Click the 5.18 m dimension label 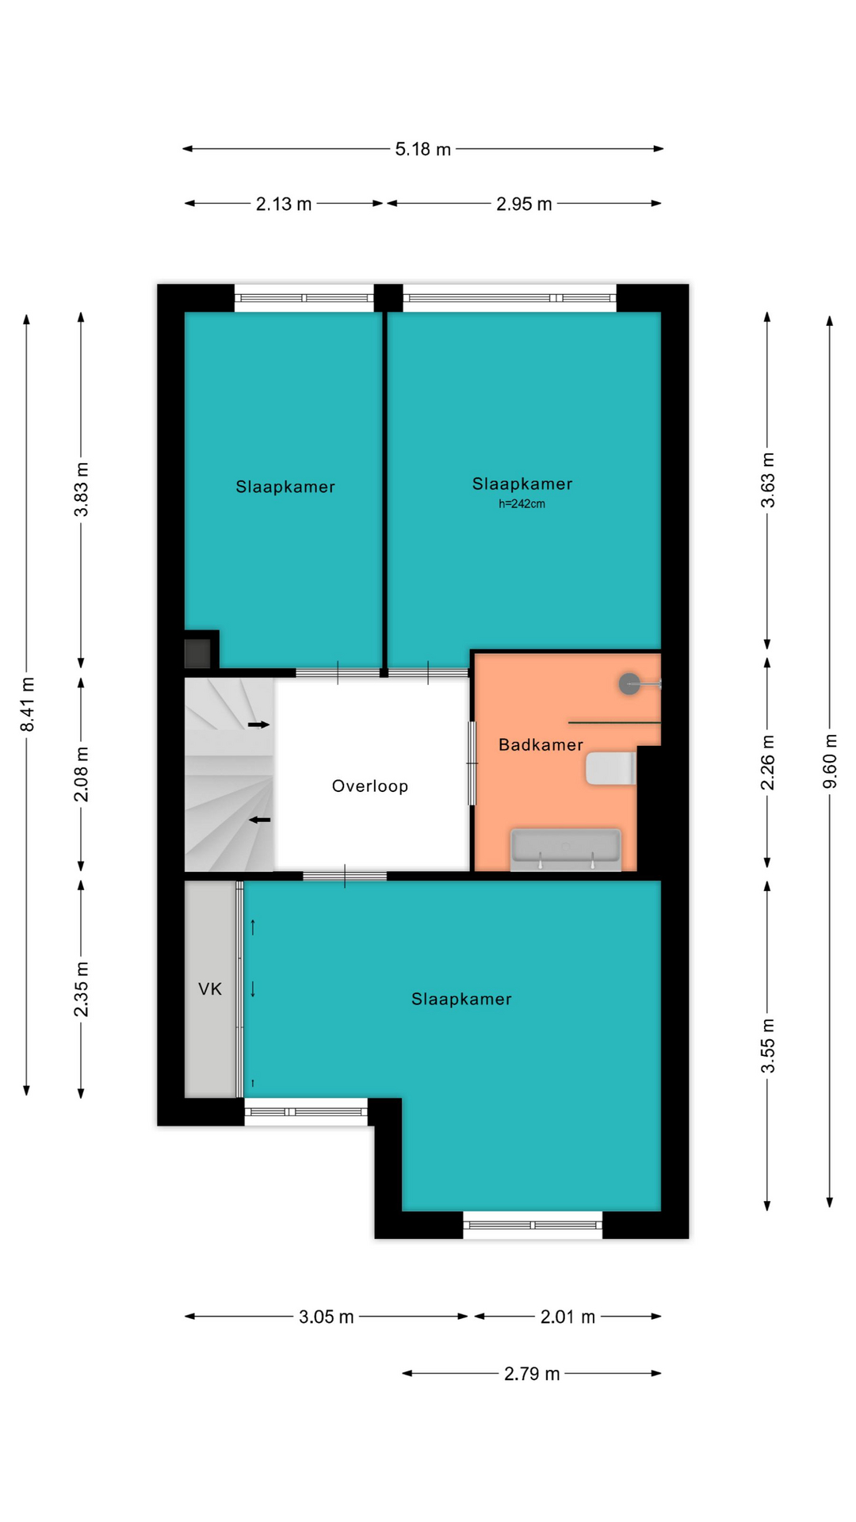(422, 149)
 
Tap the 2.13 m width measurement (284, 204)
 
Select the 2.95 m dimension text (524, 204)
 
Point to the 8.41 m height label (27, 705)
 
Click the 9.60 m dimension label (830, 762)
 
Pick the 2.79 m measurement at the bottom (532, 1374)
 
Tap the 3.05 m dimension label (326, 1317)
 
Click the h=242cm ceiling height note (522, 504)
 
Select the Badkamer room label (541, 744)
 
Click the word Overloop (370, 786)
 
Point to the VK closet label (210, 989)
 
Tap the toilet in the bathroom (611, 768)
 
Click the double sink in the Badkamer (566, 849)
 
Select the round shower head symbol (629, 683)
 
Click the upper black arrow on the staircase (258, 725)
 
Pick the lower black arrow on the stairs (260, 820)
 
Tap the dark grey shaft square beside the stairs (197, 653)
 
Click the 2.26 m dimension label (767, 762)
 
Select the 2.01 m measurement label (567, 1317)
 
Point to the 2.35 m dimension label (81, 989)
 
